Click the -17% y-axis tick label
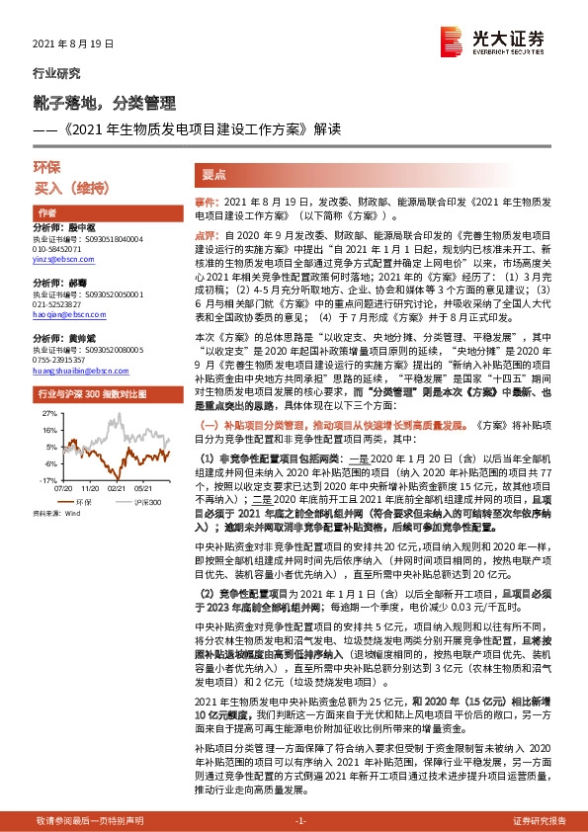[x=46, y=478]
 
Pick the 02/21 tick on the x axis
[x=117, y=487]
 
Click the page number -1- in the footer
[x=301, y=821]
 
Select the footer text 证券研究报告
[x=540, y=821]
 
